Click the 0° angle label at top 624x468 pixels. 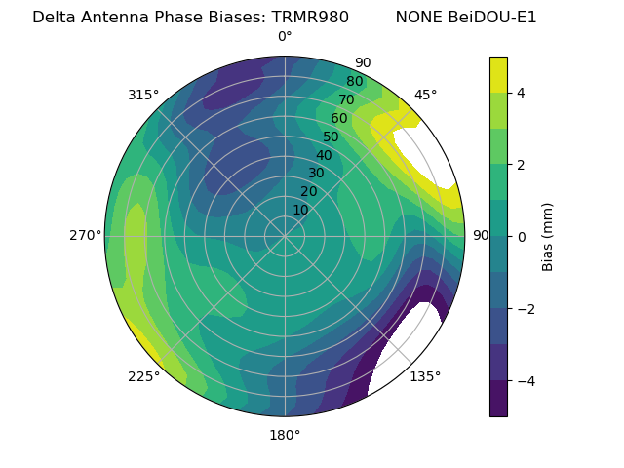coord(285,37)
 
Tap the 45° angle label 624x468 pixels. coord(425,95)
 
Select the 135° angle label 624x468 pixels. coord(425,377)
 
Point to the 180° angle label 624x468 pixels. coord(285,435)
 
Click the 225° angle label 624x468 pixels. coord(143,377)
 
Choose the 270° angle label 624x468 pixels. coord(85,236)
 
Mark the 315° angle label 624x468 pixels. coord(143,95)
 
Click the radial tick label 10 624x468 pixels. coord(300,210)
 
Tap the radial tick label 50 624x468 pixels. coord(331,136)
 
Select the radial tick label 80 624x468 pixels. coord(354,82)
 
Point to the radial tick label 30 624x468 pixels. coord(316,174)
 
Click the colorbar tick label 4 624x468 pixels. coord(522,93)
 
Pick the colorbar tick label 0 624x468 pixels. coord(522,236)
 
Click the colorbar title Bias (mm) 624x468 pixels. coord(548,236)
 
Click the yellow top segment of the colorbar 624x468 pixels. coord(498,74)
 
